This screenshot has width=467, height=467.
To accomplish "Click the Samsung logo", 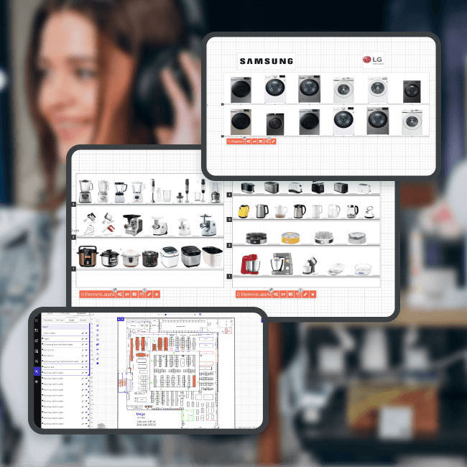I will coord(266,61).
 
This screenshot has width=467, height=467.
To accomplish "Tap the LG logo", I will coord(374,61).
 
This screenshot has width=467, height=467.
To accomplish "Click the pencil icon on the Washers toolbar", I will coord(274,142).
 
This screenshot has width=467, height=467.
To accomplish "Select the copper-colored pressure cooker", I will coord(88,256).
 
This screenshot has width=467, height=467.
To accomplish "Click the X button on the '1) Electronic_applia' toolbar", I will coord(156,294).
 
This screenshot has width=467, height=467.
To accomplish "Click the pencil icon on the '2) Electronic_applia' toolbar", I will coord(305,294).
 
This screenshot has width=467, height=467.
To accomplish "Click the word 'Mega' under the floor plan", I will coord(142,414).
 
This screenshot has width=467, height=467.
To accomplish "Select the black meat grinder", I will coord(133,223).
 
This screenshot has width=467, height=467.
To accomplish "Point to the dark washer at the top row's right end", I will coord(412,91).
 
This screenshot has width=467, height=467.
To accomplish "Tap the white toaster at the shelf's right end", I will coord(364,188).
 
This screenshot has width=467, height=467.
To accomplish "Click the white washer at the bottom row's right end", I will coord(412,122).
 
